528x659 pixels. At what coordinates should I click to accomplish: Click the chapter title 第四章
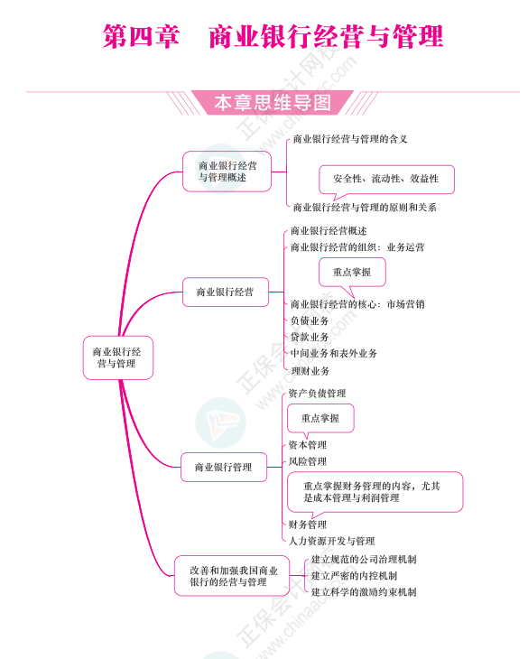[x=141, y=37]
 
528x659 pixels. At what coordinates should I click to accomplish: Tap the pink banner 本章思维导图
[x=273, y=103]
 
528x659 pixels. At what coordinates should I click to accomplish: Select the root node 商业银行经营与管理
[x=118, y=357]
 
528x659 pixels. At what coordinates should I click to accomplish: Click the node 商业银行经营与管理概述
[x=227, y=172]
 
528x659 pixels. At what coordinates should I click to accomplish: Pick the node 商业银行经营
[x=226, y=292]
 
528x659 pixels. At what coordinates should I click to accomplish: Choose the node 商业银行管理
[x=224, y=467]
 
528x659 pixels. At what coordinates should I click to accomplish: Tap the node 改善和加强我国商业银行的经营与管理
[x=232, y=576]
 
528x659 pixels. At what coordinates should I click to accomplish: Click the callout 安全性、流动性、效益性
[x=386, y=180]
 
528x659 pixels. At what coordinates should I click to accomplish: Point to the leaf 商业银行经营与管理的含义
[x=350, y=139]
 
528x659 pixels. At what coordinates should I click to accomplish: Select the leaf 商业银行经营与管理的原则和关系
[x=365, y=208]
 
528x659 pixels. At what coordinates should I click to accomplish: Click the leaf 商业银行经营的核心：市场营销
[x=357, y=304]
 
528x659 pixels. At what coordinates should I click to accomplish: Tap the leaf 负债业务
[x=310, y=321]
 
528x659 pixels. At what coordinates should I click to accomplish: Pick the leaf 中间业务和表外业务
[x=334, y=354]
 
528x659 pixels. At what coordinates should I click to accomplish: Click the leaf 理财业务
[x=310, y=371]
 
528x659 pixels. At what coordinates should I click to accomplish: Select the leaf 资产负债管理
[x=317, y=394]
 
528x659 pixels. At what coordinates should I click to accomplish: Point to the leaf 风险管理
[x=308, y=461]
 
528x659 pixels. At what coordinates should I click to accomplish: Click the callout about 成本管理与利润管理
[x=375, y=492]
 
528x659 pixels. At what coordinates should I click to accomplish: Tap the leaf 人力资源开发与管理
[x=331, y=541]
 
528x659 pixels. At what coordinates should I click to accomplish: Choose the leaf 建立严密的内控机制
[x=354, y=576]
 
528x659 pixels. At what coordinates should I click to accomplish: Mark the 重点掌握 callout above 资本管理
[x=320, y=419]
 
